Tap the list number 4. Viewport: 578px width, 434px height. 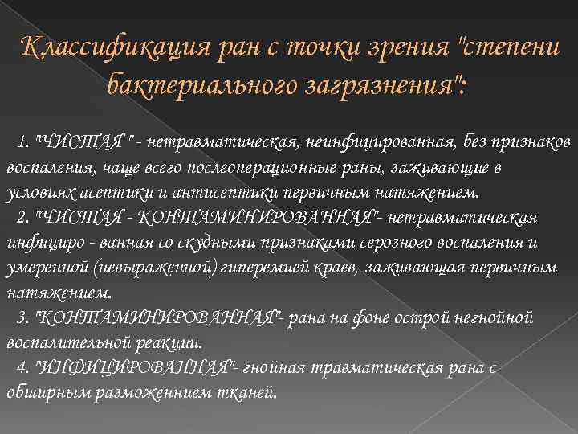(x=21, y=368)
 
